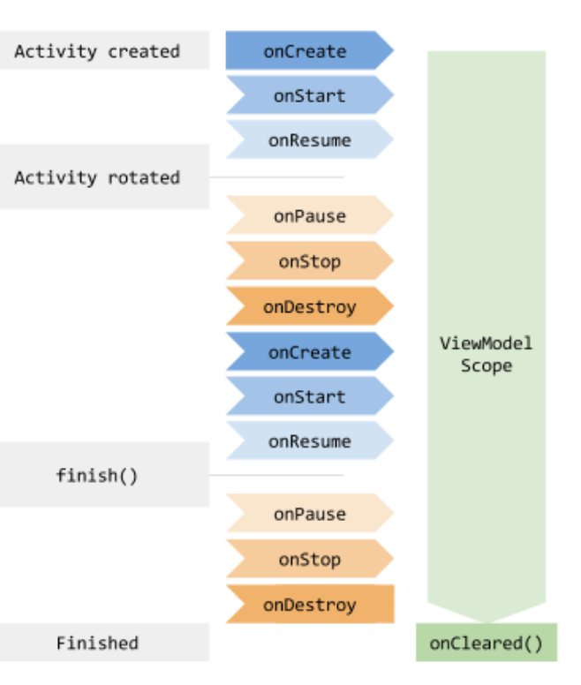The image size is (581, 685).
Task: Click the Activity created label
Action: coord(97,51)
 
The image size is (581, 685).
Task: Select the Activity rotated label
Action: coord(97,177)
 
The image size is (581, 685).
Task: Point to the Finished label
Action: coord(97,643)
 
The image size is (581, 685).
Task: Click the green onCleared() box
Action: coord(487,643)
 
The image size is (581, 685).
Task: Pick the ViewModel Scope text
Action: coord(487,354)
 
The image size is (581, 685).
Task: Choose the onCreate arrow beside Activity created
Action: coord(310,50)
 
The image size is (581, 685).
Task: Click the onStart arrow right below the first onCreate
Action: coord(310,95)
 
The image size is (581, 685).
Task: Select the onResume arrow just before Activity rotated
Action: coord(310,139)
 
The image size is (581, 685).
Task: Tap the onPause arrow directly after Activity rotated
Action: coord(310,215)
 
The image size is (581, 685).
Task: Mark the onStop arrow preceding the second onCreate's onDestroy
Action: coord(310,260)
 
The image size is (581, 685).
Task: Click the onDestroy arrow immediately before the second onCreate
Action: coord(310,306)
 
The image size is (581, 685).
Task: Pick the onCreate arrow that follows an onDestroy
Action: coord(310,351)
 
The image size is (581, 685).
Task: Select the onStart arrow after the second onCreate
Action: coord(310,396)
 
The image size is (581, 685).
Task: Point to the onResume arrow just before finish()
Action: coord(310,440)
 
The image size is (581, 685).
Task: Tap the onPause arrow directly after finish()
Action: coord(310,514)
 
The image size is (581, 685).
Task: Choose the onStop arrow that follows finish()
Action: coord(310,559)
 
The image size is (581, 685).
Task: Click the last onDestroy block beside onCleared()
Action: coord(310,604)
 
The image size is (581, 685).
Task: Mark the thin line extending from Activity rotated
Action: coord(277,177)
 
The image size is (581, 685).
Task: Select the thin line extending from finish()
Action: coord(277,475)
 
